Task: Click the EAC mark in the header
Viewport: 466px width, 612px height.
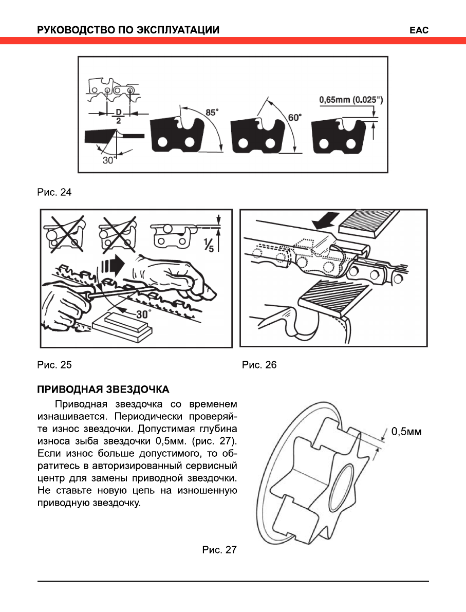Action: [419, 30]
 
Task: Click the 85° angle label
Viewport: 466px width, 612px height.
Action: [212, 112]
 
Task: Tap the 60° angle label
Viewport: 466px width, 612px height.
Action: [295, 117]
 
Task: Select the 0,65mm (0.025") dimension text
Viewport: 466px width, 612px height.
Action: [350, 99]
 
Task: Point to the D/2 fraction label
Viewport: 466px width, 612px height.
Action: [118, 116]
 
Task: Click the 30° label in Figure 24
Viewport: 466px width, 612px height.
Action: [108, 160]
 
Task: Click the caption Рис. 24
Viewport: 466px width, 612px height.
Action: [54, 193]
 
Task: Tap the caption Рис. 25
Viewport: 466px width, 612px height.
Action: [54, 365]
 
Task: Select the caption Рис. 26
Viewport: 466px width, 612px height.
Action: [259, 365]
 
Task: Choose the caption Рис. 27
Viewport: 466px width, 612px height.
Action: [219, 550]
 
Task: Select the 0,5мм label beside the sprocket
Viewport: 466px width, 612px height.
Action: [406, 431]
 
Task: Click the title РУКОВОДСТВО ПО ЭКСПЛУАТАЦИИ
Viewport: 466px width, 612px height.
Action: [128, 30]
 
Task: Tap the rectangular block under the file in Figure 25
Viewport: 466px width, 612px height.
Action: [124, 326]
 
